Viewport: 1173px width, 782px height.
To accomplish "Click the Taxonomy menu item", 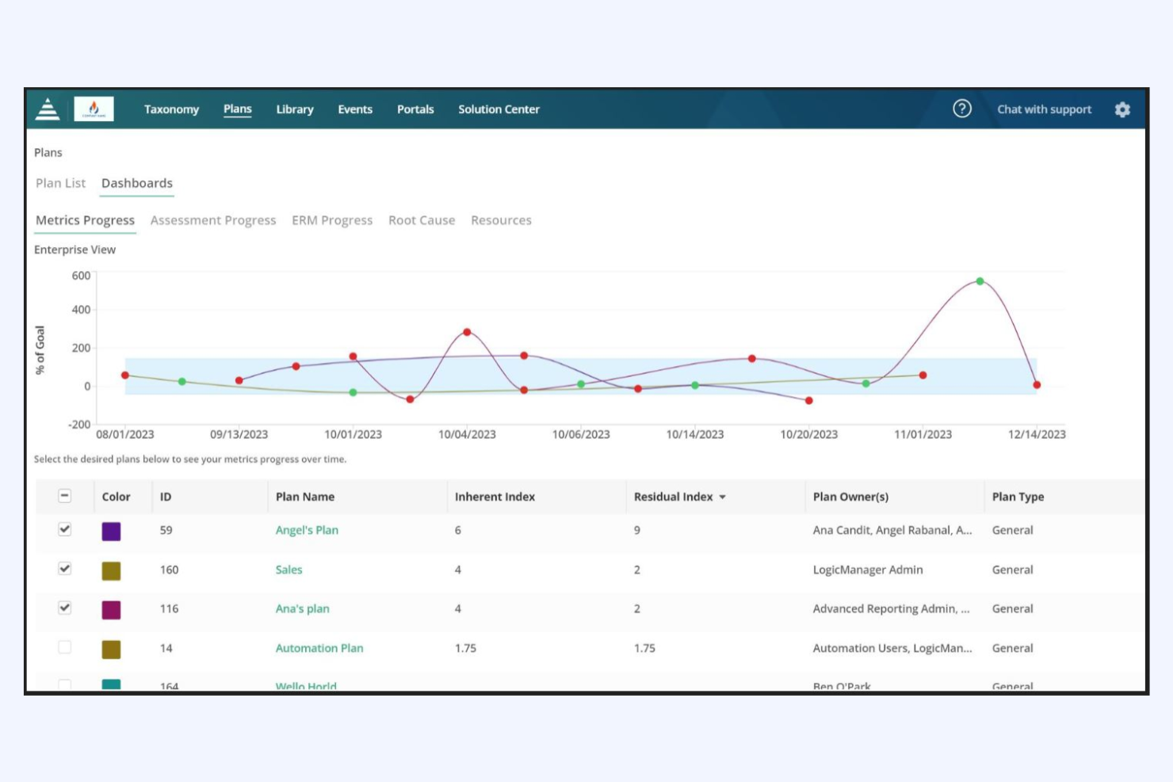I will (171, 109).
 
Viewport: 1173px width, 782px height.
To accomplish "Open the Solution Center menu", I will (499, 109).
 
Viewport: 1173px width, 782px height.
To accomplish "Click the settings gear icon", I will (1122, 109).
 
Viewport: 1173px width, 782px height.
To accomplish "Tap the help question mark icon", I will (961, 109).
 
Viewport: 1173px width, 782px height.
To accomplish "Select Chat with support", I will (1044, 109).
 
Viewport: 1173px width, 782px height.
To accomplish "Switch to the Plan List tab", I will (60, 183).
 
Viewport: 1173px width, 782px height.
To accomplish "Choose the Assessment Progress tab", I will (213, 220).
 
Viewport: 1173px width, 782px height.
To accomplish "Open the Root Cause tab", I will (422, 220).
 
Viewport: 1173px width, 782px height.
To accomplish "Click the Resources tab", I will (501, 220).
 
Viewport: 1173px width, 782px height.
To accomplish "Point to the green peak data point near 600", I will (980, 281).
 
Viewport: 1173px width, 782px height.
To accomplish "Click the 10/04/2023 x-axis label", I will (467, 434).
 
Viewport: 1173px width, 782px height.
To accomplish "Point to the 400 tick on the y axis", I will (81, 310).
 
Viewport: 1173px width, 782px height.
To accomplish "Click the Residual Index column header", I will (674, 497).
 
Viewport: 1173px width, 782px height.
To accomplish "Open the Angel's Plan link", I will (307, 530).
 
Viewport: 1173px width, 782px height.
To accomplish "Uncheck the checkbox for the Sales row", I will (65, 569).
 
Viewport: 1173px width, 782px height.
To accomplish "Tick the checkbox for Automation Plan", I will (65, 647).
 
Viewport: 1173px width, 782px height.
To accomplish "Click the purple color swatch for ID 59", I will (112, 531).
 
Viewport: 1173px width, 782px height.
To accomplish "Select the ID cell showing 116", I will (169, 608).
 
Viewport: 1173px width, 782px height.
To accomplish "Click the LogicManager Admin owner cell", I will (868, 570).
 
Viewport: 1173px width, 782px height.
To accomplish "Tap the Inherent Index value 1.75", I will (465, 648).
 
